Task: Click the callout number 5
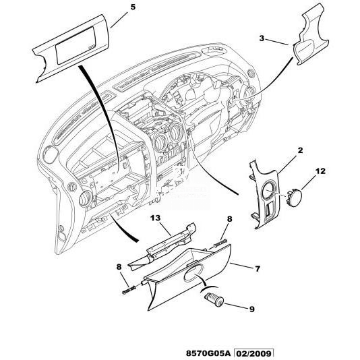point(133,7)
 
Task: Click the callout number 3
point(262,38)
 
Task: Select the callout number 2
point(300,150)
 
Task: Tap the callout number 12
point(320,171)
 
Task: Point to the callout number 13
point(155,218)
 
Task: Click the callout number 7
point(257,268)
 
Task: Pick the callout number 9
point(252,309)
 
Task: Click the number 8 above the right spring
point(229,219)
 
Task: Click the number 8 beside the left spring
point(119,267)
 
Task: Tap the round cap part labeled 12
point(294,198)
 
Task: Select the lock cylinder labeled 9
point(214,300)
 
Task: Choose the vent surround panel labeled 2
point(264,195)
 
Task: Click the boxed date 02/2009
point(253,353)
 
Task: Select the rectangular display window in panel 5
point(76,45)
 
